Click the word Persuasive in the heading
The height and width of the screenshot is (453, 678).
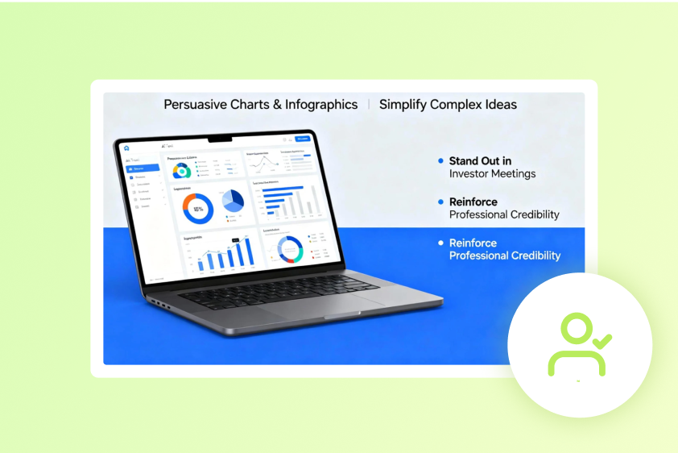tap(194, 105)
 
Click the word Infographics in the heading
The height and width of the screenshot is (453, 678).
tap(321, 105)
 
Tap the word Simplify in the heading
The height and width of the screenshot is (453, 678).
tap(403, 105)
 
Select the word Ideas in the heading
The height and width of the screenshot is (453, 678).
tap(501, 105)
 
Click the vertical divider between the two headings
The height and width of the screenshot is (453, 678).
tap(369, 105)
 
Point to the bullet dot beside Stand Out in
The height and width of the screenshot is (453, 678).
tap(440, 161)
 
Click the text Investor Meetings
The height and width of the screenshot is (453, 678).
tap(492, 173)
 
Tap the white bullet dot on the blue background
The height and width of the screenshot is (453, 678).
tap(440, 243)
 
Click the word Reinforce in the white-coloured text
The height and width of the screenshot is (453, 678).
tap(473, 243)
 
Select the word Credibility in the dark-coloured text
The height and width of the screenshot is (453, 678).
tap(535, 214)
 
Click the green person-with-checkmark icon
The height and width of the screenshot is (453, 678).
tap(577, 345)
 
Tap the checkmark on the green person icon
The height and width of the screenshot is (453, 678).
tap(601, 340)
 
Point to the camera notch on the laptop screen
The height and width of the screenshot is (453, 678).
tap(220, 139)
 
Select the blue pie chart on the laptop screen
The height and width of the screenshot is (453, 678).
tap(233, 202)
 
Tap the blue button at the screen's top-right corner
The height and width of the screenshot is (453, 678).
tap(303, 139)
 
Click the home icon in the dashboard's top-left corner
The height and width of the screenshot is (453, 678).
tap(126, 148)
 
